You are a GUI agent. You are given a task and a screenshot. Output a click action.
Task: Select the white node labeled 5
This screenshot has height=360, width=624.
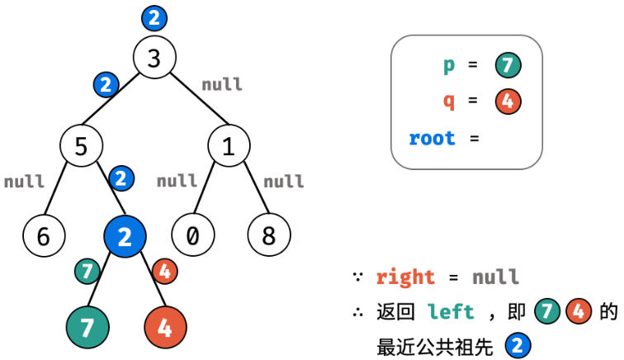(x=81, y=146)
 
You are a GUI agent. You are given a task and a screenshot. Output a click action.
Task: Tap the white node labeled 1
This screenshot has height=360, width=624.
(x=229, y=146)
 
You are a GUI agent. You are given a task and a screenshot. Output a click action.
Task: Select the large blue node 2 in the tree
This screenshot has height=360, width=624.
(x=125, y=237)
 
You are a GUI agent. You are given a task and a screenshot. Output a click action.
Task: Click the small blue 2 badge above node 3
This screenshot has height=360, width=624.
(x=154, y=17)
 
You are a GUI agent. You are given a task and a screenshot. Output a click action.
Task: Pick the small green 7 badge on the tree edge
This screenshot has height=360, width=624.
(x=87, y=270)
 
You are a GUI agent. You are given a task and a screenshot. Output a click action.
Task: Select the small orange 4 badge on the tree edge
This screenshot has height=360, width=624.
(x=164, y=270)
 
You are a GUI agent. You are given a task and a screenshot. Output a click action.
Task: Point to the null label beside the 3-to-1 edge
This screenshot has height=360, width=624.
(x=222, y=84)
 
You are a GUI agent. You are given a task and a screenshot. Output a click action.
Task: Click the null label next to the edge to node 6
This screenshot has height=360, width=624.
(x=24, y=181)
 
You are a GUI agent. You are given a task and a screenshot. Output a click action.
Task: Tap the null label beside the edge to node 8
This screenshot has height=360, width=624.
(x=284, y=181)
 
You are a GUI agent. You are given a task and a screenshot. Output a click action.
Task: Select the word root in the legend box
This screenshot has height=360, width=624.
(x=432, y=138)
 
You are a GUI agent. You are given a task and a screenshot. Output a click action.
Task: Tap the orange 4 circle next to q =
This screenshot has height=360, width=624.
(x=508, y=102)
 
